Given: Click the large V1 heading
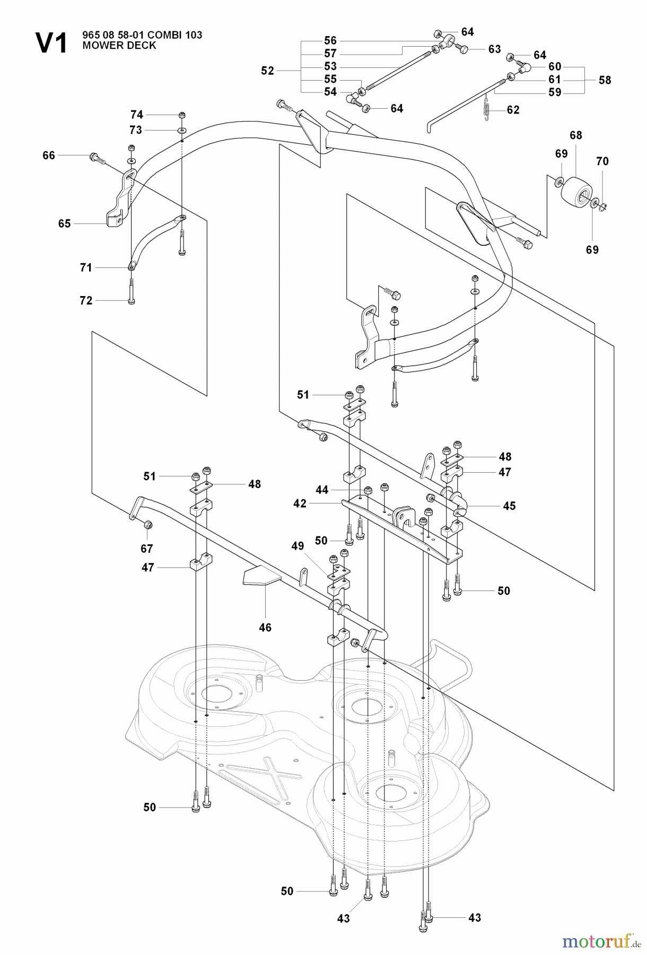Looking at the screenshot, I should coord(51,42).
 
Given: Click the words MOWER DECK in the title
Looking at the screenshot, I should coord(119,46).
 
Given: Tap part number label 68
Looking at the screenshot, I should coord(576,135).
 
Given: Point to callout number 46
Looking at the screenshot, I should coord(265,628).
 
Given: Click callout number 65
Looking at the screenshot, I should coord(64,224).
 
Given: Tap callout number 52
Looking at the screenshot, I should coord(268,71).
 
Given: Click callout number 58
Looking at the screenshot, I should coord(605,80).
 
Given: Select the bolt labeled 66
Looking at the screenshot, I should coord(97,157).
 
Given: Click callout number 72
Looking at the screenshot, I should coord(86,301).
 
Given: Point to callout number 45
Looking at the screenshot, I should coord(509,506).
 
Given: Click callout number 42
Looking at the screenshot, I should coord(300,503).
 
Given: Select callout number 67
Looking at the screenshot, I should coord(147,549).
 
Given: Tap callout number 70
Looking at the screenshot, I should coord(602,161).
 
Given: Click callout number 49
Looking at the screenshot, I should coord(298,546).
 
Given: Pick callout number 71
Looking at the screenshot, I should coord(86,268).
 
